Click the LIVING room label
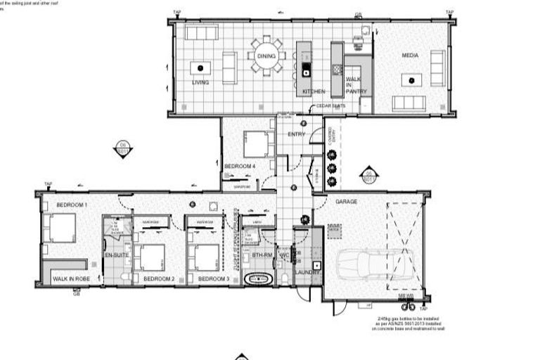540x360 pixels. pyautogui.click(x=200, y=82)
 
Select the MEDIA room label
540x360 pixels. pyautogui.click(x=411, y=56)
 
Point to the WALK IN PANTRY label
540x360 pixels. pyautogui.click(x=354, y=86)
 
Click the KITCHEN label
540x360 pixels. pyautogui.click(x=314, y=92)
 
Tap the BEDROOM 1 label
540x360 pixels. pyautogui.click(x=72, y=205)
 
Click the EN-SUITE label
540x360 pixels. pyautogui.click(x=115, y=255)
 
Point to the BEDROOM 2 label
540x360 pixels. pyautogui.click(x=158, y=279)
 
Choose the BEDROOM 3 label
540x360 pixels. pyautogui.click(x=213, y=279)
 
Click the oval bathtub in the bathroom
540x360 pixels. pyautogui.click(x=256, y=278)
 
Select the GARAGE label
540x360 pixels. pyautogui.click(x=346, y=202)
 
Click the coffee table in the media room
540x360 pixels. pyautogui.click(x=410, y=80)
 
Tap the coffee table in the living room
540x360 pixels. pyautogui.click(x=200, y=68)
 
